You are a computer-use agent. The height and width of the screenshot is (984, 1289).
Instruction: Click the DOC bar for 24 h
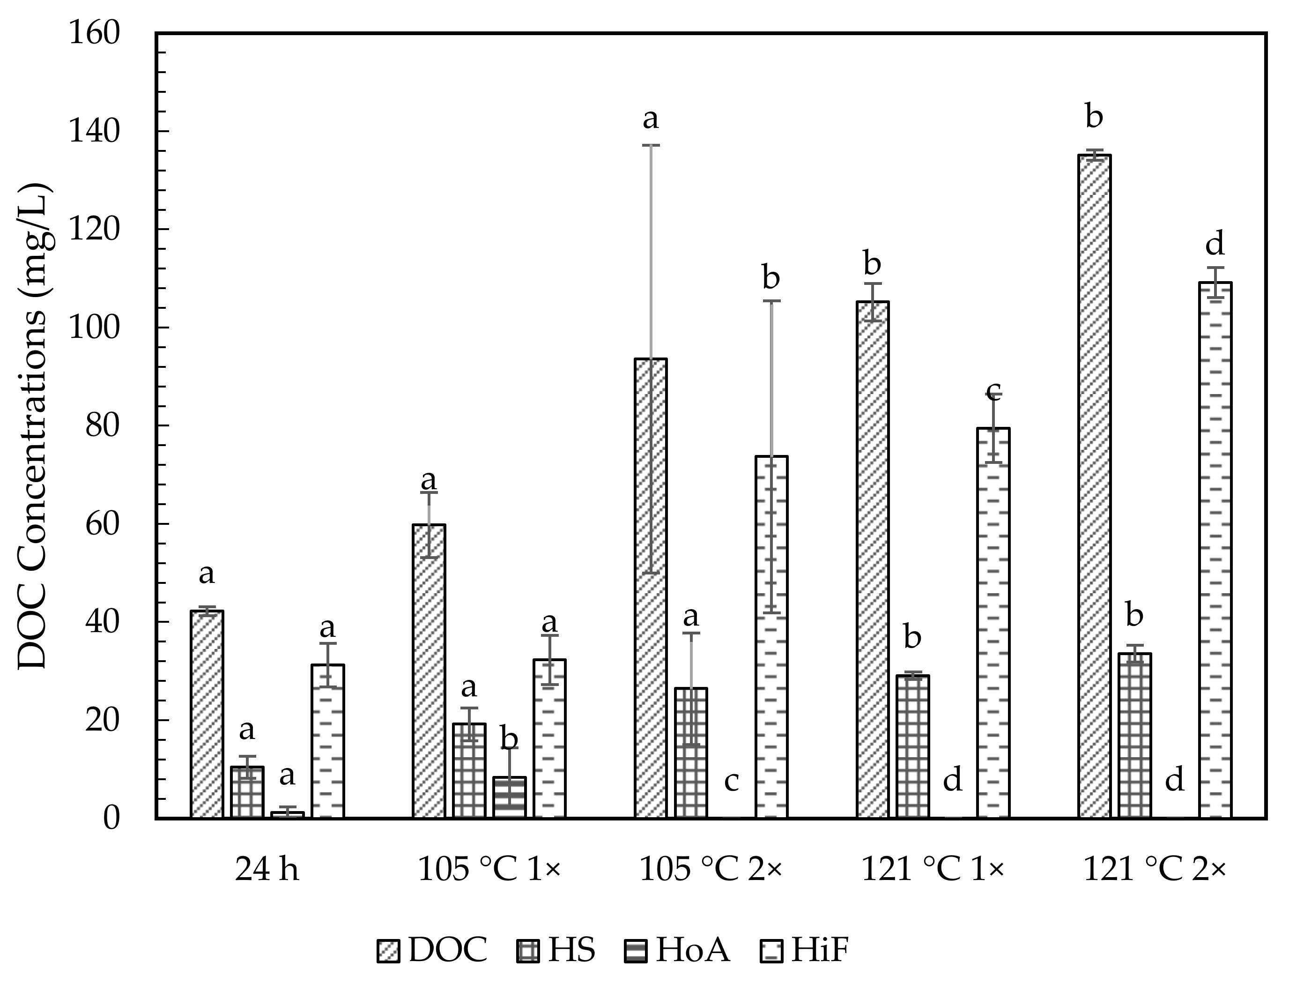coord(207,714)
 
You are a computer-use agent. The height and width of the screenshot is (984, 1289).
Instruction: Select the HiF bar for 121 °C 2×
coord(1215,550)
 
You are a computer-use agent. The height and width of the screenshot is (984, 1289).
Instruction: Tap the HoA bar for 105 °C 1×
coord(509,797)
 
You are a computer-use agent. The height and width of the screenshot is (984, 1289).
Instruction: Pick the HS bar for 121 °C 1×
coord(912,747)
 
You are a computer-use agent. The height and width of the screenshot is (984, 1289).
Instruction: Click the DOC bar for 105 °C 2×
coord(650,588)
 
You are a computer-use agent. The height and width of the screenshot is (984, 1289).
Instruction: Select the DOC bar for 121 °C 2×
coord(1094,486)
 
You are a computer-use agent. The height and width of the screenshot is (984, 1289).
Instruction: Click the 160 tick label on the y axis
coord(94,33)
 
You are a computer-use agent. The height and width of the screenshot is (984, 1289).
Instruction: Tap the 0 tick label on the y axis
coord(111,818)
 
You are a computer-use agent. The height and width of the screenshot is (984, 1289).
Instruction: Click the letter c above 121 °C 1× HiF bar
coord(993,389)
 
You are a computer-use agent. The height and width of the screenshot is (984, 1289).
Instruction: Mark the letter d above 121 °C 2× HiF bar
coord(1215,243)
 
